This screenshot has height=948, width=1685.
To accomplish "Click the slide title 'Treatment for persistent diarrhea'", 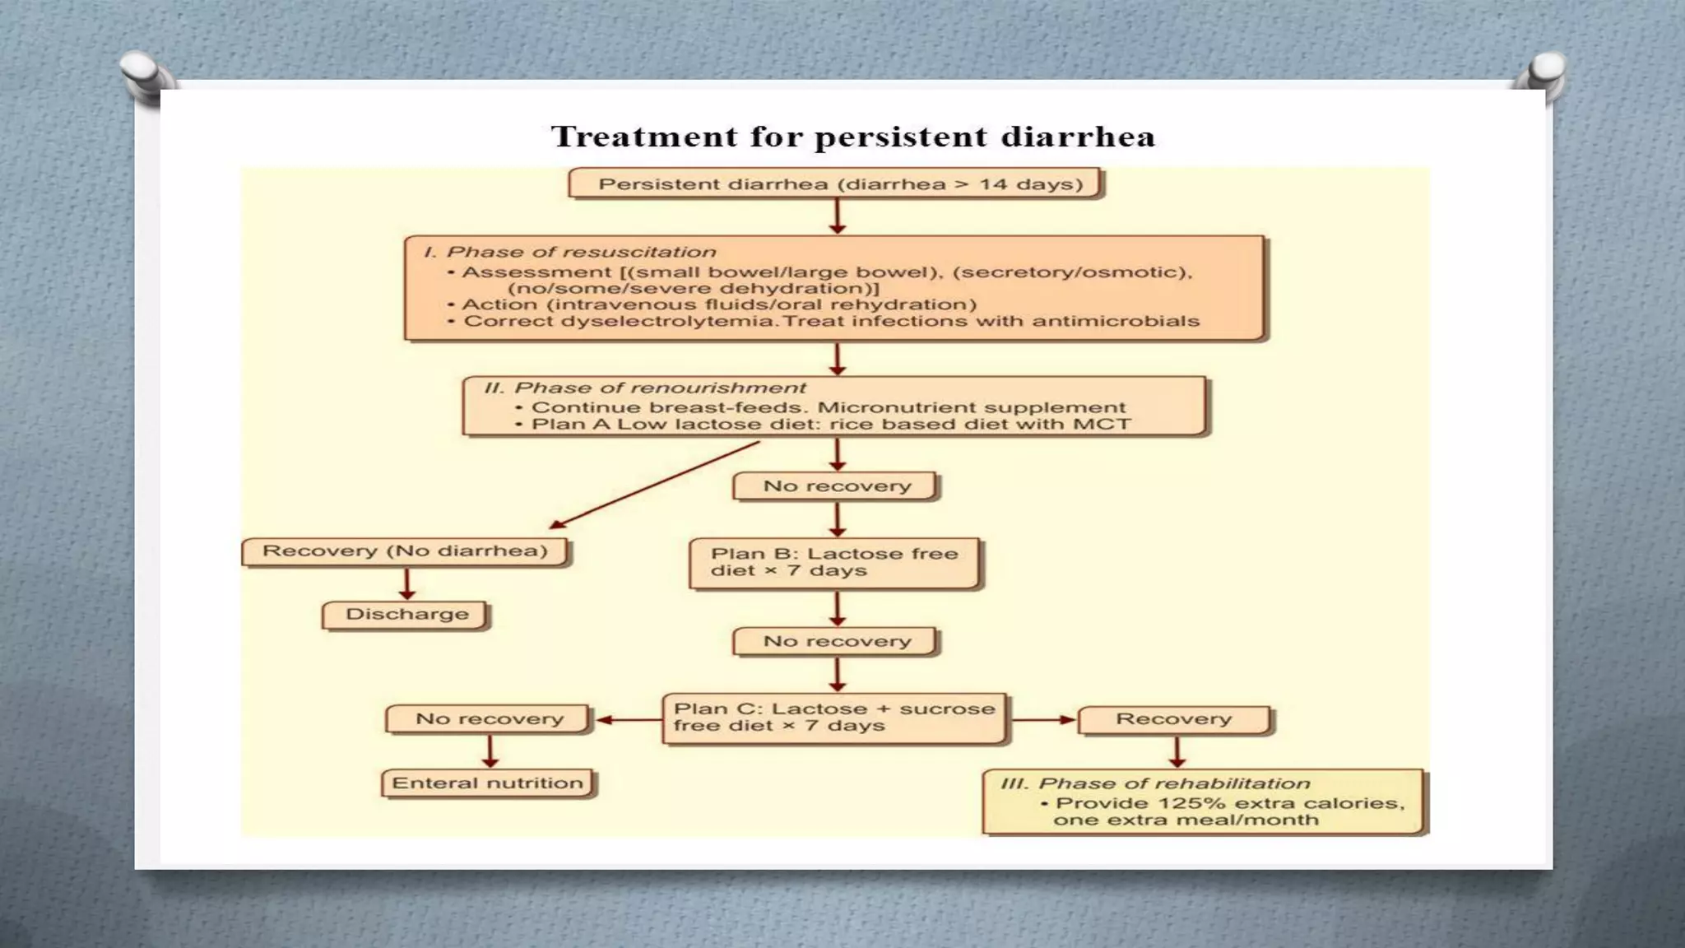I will tap(853, 137).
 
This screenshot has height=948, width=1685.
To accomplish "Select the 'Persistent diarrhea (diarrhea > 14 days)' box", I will tap(835, 184).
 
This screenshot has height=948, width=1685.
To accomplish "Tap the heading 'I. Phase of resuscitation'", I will tap(569, 253).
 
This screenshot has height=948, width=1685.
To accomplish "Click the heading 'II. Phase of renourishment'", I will tap(645, 388).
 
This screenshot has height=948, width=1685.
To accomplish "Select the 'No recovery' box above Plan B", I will tap(837, 486).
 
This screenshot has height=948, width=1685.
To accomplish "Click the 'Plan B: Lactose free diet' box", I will tap(834, 563).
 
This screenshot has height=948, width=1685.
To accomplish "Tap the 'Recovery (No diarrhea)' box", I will tap(405, 551).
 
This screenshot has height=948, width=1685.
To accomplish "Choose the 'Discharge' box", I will tap(406, 615).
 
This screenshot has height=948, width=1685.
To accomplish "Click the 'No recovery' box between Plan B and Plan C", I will tap(837, 641).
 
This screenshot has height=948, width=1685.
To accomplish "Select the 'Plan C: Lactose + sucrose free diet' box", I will tap(834, 718).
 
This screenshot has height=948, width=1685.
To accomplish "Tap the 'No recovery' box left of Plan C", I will tap(489, 719).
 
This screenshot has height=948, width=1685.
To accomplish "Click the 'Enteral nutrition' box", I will tap(488, 783).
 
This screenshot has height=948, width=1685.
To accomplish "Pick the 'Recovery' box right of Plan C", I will tap(1174, 719).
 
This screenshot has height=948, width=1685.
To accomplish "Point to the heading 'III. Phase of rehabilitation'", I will tap(1155, 783).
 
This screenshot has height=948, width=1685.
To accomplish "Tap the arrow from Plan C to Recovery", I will tap(1042, 720).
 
